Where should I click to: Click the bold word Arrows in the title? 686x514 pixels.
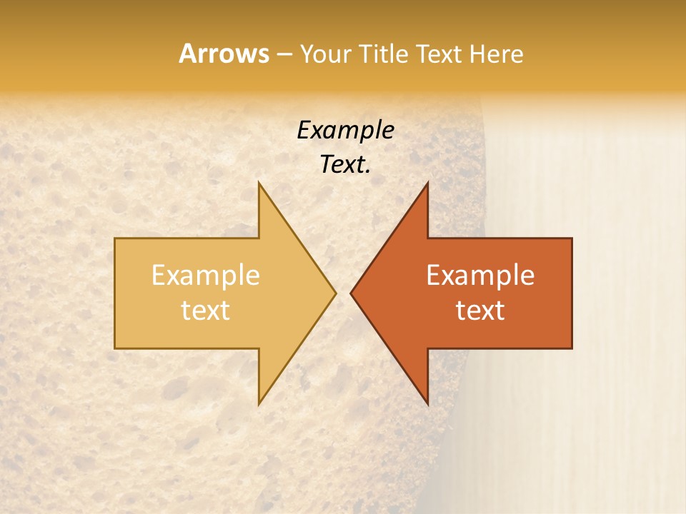tap(224, 54)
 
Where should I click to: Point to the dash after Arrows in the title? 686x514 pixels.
tap(284, 54)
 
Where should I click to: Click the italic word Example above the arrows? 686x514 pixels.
tap(345, 130)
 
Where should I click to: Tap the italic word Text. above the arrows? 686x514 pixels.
tap(345, 164)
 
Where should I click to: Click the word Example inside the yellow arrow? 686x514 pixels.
tap(206, 276)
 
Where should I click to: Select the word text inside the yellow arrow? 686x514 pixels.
tap(206, 310)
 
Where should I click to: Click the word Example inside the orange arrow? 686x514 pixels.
tap(480, 276)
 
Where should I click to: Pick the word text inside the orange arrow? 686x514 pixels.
tap(480, 310)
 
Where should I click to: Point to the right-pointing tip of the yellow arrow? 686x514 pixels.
tap(336, 293)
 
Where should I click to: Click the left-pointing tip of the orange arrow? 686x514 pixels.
tap(351, 293)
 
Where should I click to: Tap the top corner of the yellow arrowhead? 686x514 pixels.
tap(259, 183)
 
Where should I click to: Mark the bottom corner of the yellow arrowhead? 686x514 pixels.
tap(259, 404)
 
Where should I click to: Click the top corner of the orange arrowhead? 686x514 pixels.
tap(427, 183)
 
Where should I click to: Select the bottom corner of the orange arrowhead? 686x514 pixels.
tap(427, 404)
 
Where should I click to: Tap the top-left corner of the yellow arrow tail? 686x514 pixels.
tap(116, 239)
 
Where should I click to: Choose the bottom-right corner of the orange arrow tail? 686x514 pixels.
tap(571, 348)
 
